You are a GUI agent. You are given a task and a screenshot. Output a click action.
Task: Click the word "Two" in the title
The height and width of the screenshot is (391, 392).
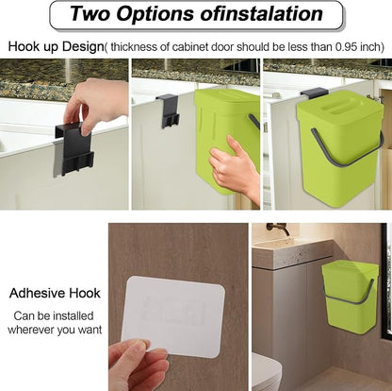coord(90,13)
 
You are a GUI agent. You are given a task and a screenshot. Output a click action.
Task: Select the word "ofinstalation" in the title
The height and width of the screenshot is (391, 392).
coord(261,14)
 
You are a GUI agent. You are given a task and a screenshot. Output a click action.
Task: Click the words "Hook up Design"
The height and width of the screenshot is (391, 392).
coord(56,47)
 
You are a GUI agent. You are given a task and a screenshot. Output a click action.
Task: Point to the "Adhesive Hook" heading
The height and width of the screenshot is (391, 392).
coord(55,293)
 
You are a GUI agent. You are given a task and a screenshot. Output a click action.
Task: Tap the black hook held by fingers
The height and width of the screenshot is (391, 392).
coord(74,148)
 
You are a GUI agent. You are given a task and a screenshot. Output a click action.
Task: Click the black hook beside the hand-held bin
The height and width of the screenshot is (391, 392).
coord(169,110)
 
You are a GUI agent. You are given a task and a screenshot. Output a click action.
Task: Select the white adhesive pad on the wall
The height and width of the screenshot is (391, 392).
coord(173,316)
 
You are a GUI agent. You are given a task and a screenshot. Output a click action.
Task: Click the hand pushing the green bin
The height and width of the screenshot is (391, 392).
coord(236,168)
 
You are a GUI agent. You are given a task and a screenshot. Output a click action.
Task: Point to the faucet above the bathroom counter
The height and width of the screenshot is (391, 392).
coord(278,228)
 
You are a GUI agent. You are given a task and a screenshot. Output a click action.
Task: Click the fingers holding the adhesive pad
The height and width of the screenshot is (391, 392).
coord(139,365)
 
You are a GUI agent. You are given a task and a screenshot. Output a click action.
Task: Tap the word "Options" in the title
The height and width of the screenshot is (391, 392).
coord(155,14)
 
